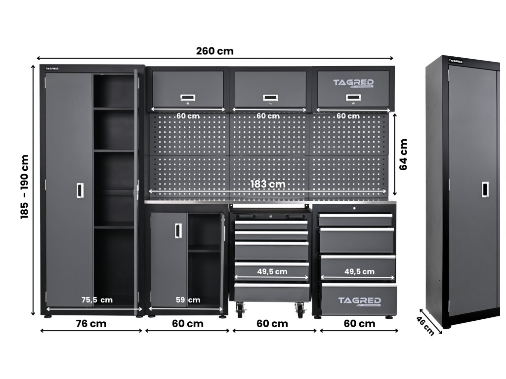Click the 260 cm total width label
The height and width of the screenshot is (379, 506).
coord(214,51)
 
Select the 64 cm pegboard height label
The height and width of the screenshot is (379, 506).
coord(404,154)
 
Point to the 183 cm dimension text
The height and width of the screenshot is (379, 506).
coord(268,184)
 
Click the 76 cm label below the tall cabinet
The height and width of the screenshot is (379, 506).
coord(91,324)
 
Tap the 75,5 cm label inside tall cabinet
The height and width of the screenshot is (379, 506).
coord(97,300)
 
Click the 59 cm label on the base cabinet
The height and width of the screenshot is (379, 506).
coord(188,300)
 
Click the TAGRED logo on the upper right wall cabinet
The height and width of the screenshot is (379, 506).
coord(353,83)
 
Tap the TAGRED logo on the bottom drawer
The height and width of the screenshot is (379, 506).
coord(359,301)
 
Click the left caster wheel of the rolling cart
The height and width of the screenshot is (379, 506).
coord(241,310)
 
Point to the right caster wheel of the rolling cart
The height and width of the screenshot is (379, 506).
coord(300,310)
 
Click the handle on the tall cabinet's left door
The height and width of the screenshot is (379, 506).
coord(80,190)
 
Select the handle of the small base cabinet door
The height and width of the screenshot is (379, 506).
coord(178,230)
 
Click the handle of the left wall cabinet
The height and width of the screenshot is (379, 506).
coord(187,99)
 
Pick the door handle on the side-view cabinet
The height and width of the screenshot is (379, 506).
coord(486,189)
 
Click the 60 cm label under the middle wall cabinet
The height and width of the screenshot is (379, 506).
coord(268,116)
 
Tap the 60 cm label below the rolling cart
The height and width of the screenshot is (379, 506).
coord(273,324)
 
